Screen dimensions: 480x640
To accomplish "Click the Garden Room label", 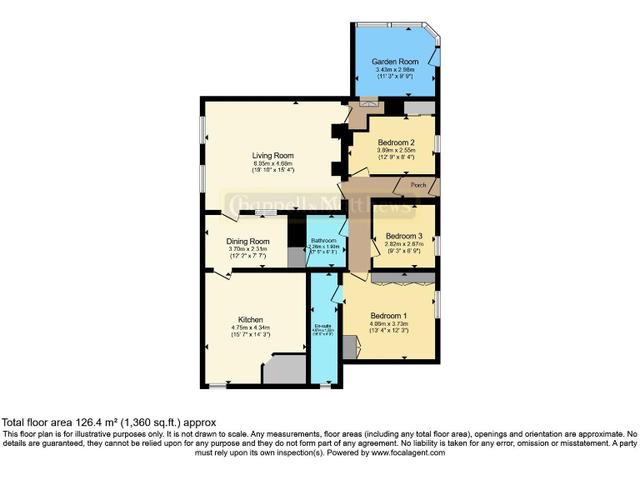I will pyautogui.click(x=395, y=62).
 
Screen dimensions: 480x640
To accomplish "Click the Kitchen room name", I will pyautogui.click(x=250, y=319).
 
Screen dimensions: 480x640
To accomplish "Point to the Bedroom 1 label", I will pyautogui.click(x=388, y=316).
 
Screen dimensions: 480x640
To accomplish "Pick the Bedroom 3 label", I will pyautogui.click(x=403, y=236).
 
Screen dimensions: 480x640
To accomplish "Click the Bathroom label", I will pyautogui.click(x=322, y=241).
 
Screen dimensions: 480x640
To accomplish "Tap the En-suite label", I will pyautogui.click(x=322, y=325).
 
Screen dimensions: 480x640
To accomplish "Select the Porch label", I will pyautogui.click(x=418, y=185).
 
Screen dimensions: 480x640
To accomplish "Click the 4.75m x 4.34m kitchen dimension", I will pyautogui.click(x=250, y=327).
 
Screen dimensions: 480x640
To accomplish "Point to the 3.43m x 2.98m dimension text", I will pyautogui.click(x=395, y=70).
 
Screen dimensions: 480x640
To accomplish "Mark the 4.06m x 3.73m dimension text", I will pyautogui.click(x=388, y=324).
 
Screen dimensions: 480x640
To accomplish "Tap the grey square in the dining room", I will pyautogui.click(x=297, y=257).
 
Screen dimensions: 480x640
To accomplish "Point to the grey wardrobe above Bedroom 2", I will pyautogui.click(x=418, y=107).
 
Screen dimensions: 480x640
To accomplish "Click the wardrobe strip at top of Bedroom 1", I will pyautogui.click(x=402, y=277).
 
